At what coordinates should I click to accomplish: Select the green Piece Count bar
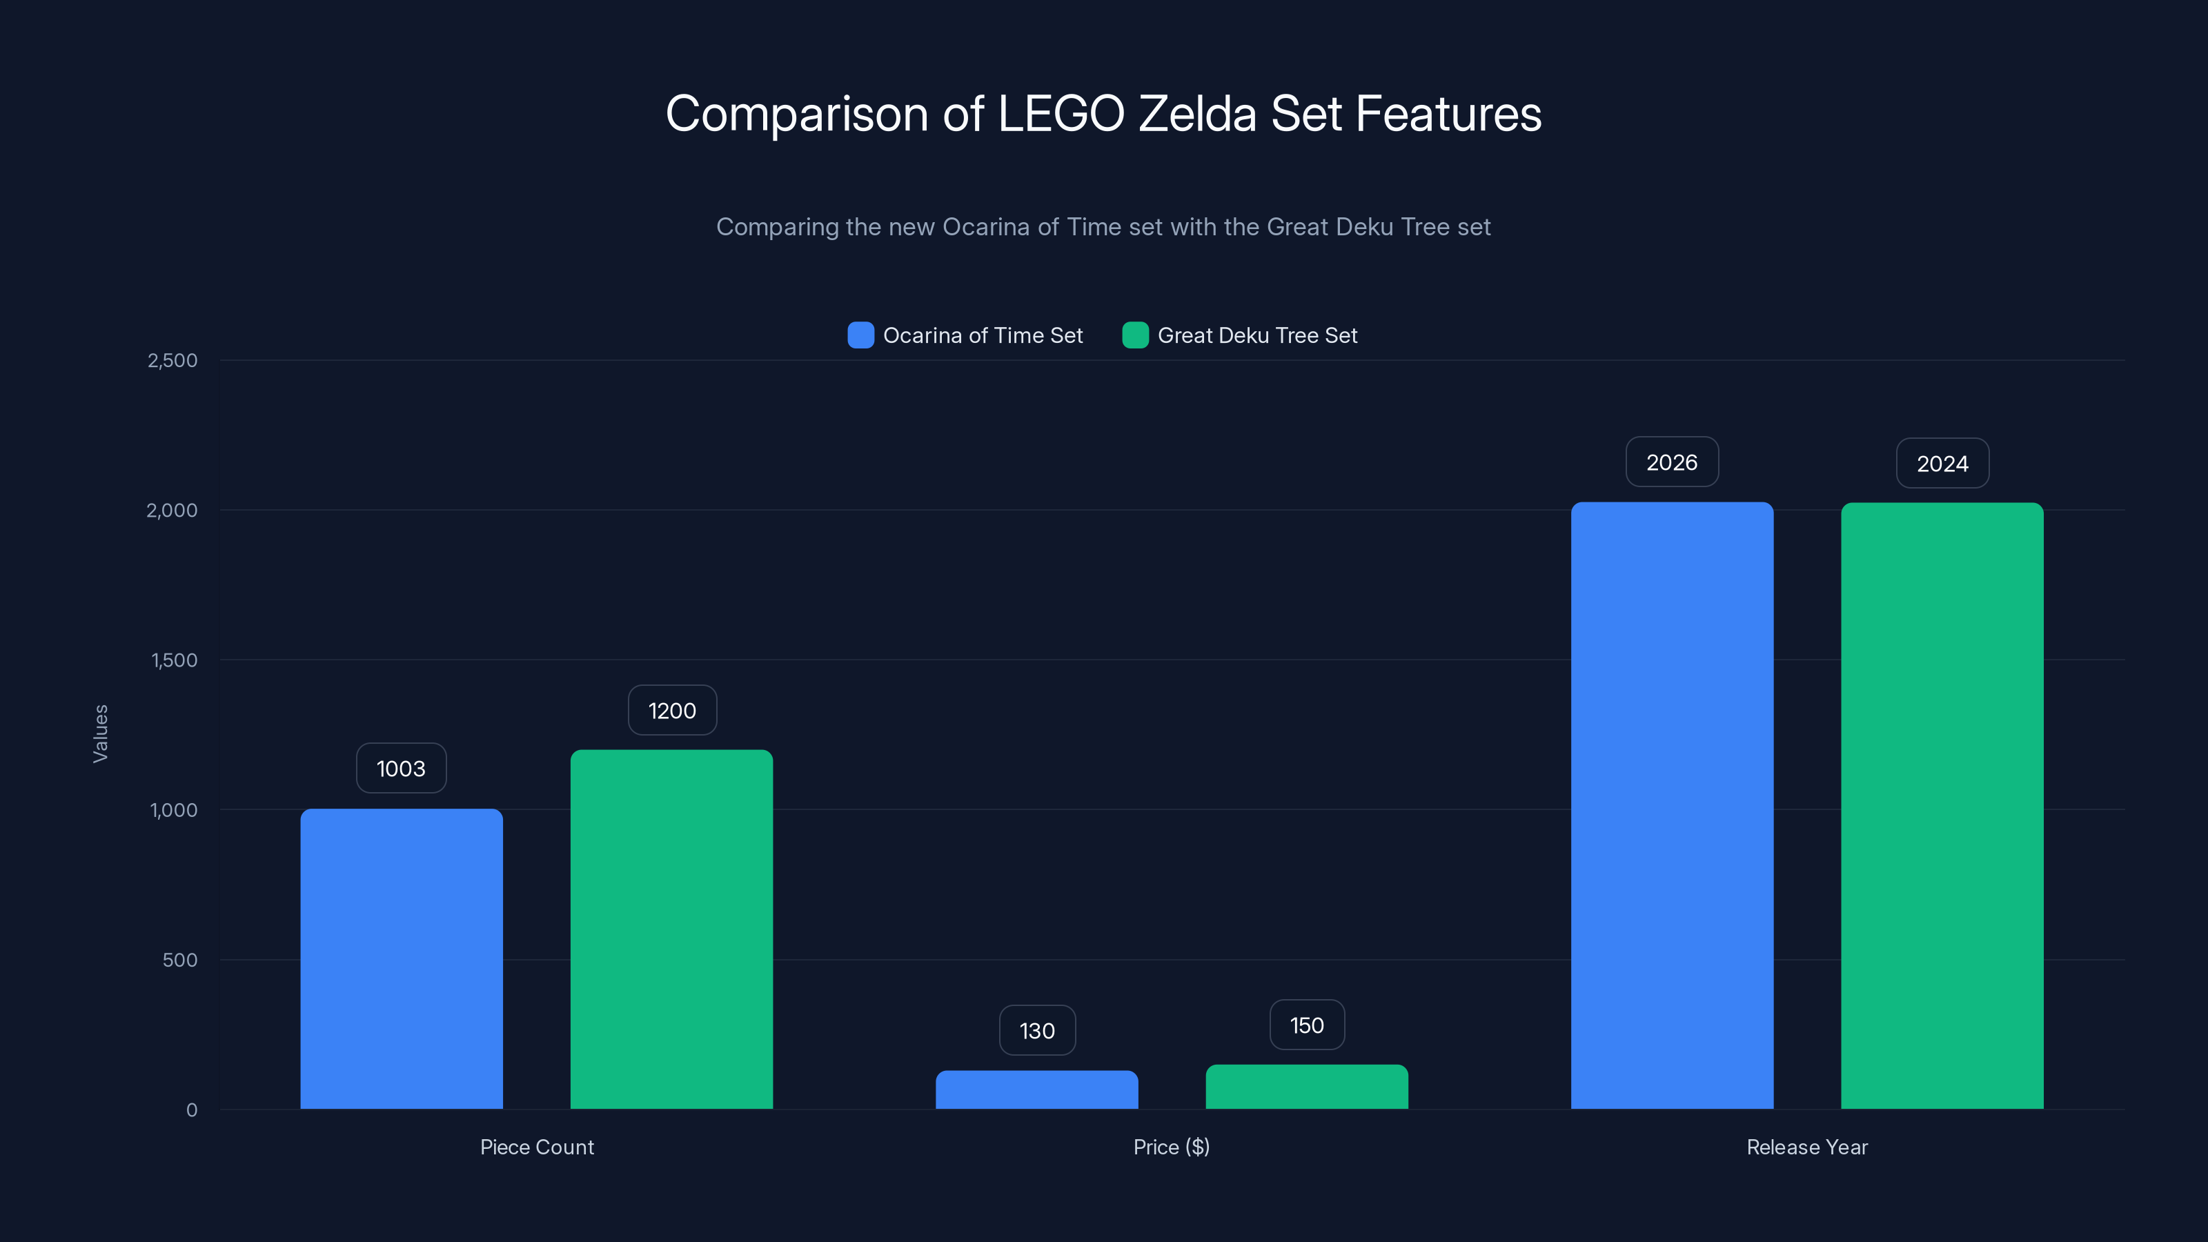pos(671,929)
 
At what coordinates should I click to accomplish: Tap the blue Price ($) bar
pos(1036,1090)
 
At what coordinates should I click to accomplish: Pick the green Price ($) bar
pos(1306,1087)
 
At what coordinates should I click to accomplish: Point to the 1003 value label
pos(401,768)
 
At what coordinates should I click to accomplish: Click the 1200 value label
pos(672,710)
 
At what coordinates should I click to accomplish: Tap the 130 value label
pos(1037,1030)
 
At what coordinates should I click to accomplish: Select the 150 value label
pos(1306,1025)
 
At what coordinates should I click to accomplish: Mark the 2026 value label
pos(1671,462)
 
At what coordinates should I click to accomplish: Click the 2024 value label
pos(1942,464)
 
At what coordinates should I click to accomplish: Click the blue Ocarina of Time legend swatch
pos(860,335)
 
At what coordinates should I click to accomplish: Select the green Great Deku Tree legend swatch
pos(1135,335)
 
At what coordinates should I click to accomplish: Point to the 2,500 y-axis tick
pos(172,360)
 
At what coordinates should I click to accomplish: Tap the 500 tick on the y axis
pos(180,959)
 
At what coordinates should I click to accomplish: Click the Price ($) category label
pos(1171,1147)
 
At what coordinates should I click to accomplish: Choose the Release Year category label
pos(1807,1147)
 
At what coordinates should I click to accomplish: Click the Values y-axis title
pos(100,733)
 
